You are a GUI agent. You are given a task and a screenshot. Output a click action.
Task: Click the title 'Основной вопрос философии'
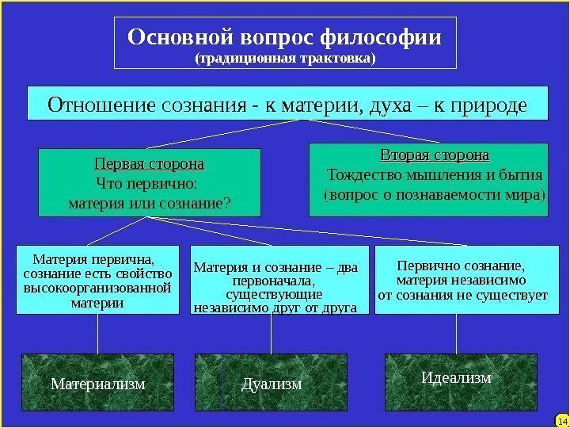[285, 37]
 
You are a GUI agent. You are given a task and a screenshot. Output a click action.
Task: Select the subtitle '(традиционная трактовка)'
[285, 59]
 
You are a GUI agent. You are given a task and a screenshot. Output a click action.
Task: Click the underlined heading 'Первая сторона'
[150, 165]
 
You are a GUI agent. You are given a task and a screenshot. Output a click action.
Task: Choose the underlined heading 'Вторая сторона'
[435, 154]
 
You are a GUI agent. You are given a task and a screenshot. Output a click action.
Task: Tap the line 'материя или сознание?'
[150, 204]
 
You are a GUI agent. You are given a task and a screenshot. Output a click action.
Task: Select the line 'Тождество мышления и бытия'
[435, 174]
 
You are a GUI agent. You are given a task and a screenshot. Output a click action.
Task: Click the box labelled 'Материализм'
[98, 383]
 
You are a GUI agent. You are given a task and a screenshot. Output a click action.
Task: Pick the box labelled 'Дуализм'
[272, 384]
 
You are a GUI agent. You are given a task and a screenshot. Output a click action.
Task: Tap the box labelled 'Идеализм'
[457, 378]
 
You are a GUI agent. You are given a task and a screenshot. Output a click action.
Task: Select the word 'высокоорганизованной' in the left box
[98, 288]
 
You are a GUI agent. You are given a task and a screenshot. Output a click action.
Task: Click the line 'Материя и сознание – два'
[275, 267]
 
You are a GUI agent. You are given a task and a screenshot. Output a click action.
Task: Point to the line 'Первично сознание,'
[461, 266]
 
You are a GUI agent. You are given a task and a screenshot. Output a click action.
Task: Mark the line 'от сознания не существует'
[463, 296]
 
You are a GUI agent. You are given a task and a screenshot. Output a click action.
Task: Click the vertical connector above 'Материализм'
[98, 334]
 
